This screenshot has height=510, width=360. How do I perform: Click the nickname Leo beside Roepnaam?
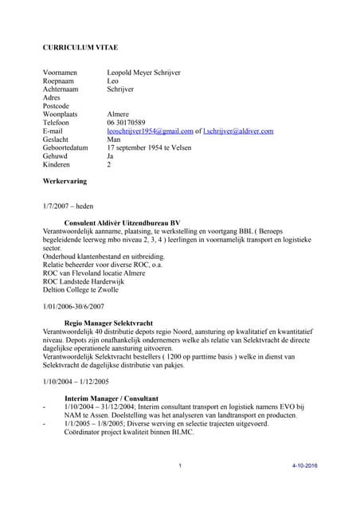(113, 81)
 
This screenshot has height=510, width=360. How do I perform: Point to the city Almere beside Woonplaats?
(119, 115)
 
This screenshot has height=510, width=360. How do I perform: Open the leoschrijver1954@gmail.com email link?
(151, 131)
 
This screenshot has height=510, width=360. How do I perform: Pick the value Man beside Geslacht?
(115, 139)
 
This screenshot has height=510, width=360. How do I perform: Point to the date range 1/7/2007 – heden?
(68, 206)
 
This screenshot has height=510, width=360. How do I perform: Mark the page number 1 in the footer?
(181, 465)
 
